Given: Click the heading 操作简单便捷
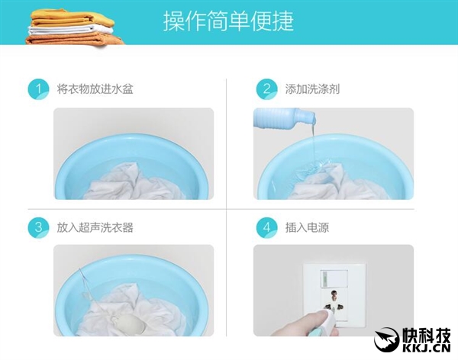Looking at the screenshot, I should [228, 21].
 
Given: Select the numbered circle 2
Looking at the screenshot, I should [266, 88].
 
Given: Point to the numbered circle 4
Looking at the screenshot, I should [266, 227].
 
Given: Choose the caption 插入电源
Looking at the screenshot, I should [307, 227].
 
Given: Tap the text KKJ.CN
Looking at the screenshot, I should [427, 348].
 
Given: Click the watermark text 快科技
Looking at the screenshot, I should [427, 333].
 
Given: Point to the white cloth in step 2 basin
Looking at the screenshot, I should [328, 187].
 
